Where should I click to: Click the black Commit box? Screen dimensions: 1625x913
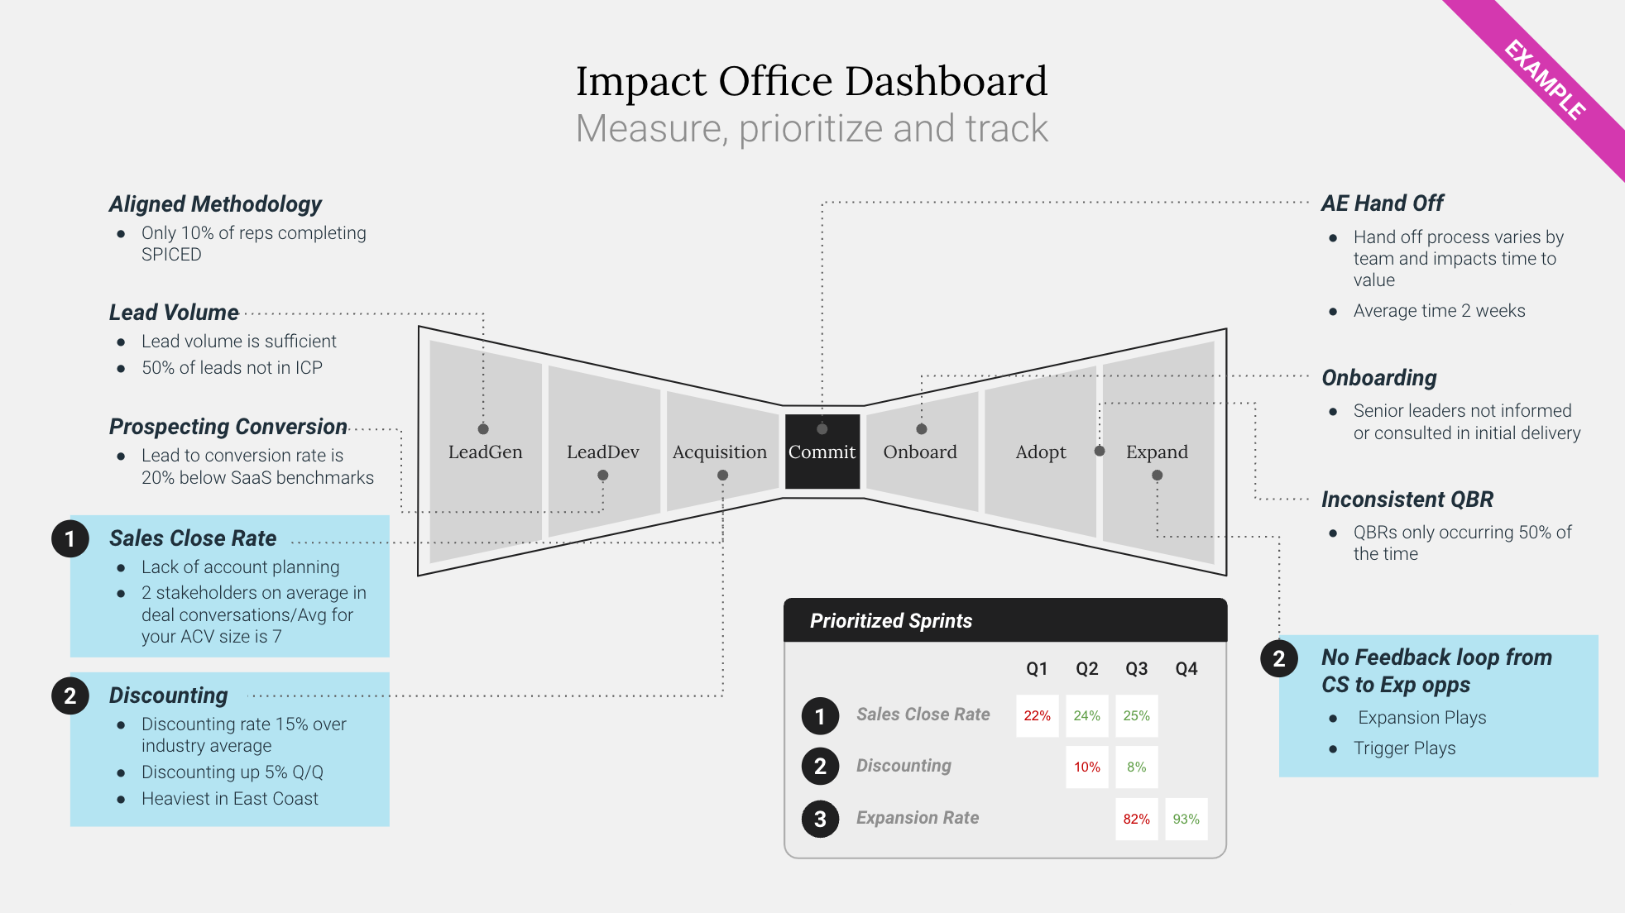(x=822, y=452)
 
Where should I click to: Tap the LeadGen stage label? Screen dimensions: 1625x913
(x=486, y=452)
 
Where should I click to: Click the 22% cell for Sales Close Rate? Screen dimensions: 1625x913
(x=1038, y=716)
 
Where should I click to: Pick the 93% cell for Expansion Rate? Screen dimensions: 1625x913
(x=1186, y=820)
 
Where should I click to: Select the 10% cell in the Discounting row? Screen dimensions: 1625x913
(x=1087, y=767)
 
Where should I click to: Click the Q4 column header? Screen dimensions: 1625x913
(x=1186, y=669)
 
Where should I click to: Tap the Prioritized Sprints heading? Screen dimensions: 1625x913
(x=891, y=621)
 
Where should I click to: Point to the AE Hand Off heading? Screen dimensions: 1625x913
(x=1382, y=203)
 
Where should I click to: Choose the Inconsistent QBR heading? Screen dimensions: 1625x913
(x=1407, y=500)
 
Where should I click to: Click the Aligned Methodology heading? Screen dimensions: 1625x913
(x=215, y=204)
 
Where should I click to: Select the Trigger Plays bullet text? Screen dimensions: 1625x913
(x=1404, y=748)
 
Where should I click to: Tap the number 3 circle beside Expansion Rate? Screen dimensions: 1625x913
(x=820, y=819)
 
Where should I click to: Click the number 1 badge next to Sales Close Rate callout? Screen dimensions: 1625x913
(x=70, y=539)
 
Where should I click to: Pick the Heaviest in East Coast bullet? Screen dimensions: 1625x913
(x=229, y=799)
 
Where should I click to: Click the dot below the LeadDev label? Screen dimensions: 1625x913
(x=603, y=476)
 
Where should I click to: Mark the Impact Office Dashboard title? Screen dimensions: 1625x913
(x=812, y=81)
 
